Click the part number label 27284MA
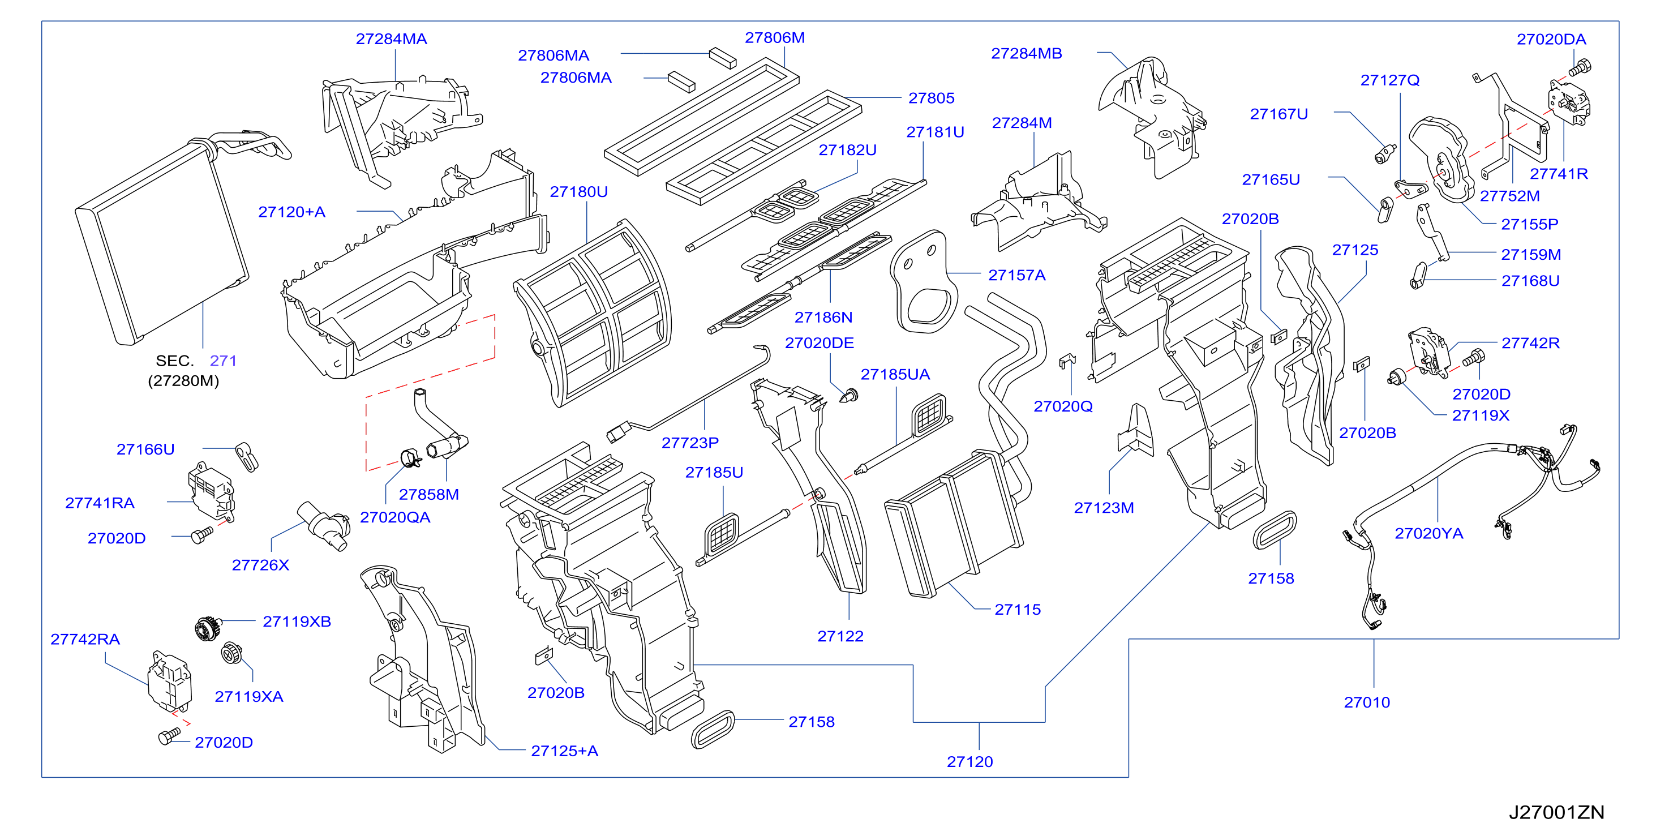(391, 39)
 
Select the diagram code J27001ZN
(1556, 812)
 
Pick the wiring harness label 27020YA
(1428, 533)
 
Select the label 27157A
(1016, 275)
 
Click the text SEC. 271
(196, 361)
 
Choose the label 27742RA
(85, 639)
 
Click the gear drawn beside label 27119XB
(209, 627)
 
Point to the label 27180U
(578, 192)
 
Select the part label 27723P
(690, 443)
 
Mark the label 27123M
(1104, 508)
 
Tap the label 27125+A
(564, 751)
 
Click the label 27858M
(429, 495)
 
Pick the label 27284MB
(1026, 53)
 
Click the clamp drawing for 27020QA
(411, 457)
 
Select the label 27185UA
(895, 374)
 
